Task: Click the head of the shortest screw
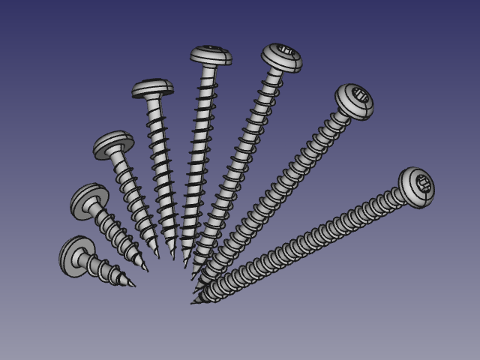tap(76, 256)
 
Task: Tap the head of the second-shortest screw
tap(89, 200)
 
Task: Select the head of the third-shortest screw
tap(113, 145)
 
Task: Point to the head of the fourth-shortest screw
tap(153, 88)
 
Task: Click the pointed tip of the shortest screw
tap(135, 286)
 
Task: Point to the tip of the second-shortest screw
tap(148, 271)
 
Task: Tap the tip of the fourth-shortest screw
tap(173, 259)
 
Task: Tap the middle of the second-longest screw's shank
tap(273, 194)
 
